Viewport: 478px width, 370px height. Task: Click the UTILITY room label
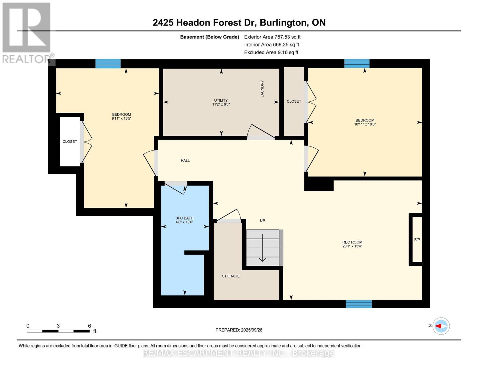pos(221,100)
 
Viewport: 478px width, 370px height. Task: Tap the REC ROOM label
pos(352,242)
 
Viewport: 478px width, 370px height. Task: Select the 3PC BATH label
pos(184,218)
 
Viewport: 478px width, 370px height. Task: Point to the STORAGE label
pos(231,276)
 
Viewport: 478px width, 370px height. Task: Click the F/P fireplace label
pos(417,240)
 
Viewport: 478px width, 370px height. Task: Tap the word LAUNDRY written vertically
pos(262,89)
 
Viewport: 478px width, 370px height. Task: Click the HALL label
pos(185,161)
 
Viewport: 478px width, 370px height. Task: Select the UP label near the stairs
pos(263,220)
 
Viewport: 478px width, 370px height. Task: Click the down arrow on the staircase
pos(263,248)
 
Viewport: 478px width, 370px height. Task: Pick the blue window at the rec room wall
pos(359,304)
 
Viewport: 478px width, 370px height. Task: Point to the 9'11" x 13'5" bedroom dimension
pos(122,118)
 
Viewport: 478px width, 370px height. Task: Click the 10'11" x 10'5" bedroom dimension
pos(365,124)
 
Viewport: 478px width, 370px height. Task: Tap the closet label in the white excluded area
pos(70,142)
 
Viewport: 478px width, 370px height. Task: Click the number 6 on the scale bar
pos(90,326)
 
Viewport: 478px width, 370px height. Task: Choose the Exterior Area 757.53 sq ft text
pos(272,37)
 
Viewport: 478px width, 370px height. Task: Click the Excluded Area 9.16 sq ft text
pos(271,52)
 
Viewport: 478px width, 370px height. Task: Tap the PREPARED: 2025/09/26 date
pos(239,330)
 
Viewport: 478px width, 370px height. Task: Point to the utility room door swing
pos(261,132)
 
